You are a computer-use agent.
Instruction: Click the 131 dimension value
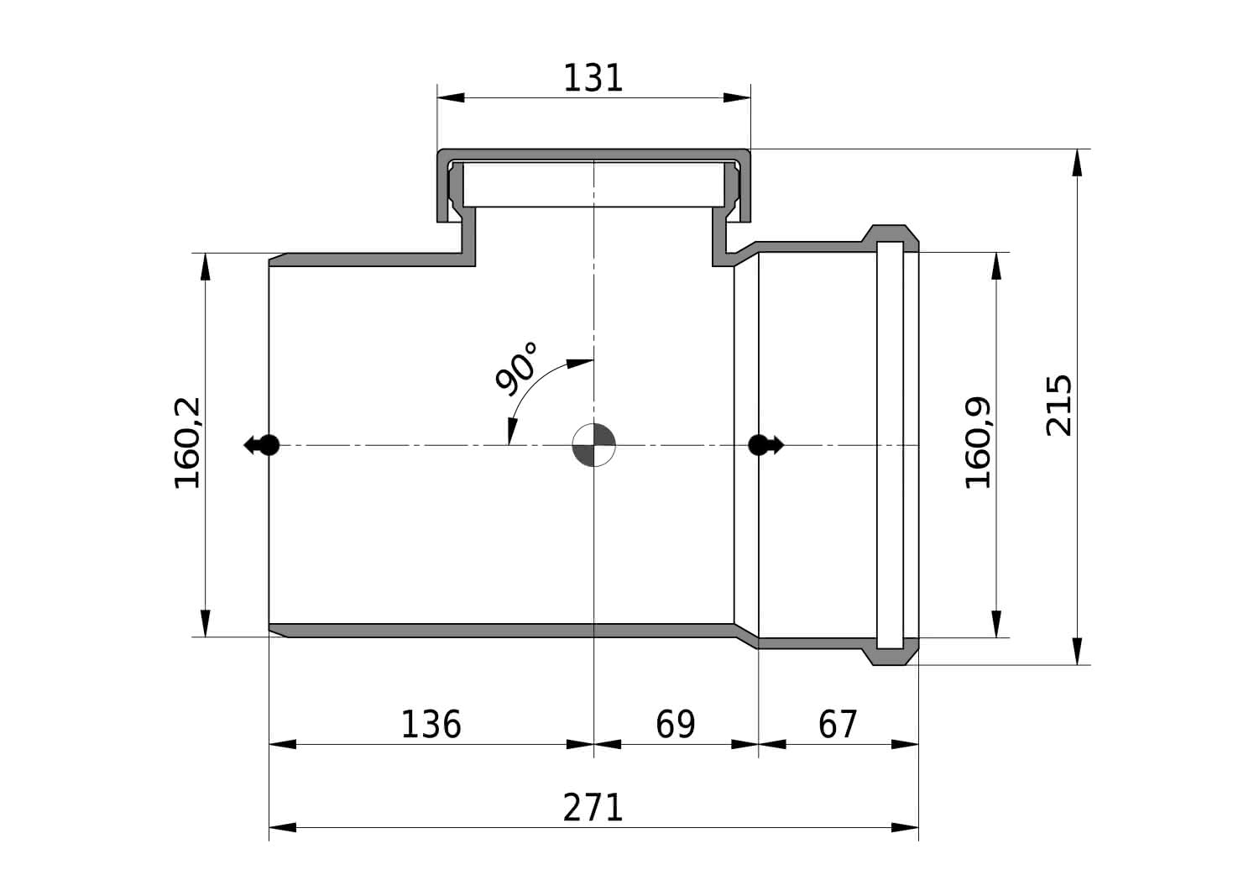[593, 78]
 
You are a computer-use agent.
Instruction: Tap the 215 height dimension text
[1059, 406]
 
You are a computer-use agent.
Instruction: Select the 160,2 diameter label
[187, 443]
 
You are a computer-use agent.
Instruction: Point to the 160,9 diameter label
[978, 443]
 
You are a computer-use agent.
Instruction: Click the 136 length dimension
[431, 725]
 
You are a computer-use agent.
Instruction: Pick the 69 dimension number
[675, 725]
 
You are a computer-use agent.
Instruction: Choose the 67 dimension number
[838, 725]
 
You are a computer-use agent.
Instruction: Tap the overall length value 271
[593, 808]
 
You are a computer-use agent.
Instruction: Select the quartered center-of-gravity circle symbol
[593, 445]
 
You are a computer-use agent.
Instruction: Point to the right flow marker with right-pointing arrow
[765, 445]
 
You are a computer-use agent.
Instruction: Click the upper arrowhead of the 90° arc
[579, 364]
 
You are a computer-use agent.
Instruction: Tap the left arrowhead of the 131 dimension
[451, 98]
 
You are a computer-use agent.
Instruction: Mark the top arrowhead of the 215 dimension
[1077, 163]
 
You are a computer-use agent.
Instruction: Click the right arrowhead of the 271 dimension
[905, 827]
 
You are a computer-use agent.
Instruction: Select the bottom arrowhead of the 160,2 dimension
[205, 623]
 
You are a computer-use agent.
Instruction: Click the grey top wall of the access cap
[593, 155]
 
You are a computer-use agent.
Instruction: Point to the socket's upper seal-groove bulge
[889, 233]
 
